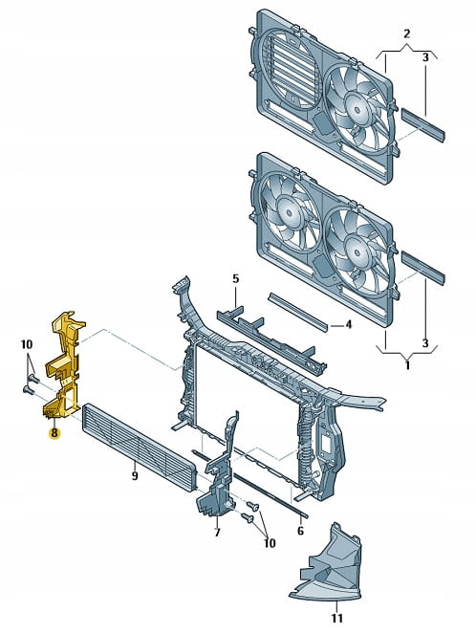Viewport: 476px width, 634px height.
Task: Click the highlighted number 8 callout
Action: pos(54,432)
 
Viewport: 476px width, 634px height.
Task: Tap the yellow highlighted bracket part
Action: pos(65,364)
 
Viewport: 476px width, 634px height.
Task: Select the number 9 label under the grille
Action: pos(135,475)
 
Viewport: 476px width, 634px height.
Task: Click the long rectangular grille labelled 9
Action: pos(139,447)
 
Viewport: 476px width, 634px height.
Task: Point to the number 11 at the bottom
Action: pos(336,618)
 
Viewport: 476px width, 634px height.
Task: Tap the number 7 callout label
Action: pos(217,532)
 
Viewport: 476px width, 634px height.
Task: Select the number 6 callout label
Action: pos(300,530)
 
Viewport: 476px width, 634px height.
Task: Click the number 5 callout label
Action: pos(235,278)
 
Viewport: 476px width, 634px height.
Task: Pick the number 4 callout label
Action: pos(348,324)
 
